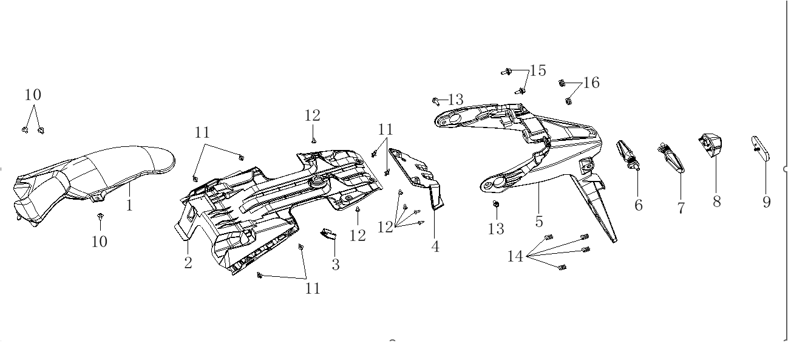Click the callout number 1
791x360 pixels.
click(129, 205)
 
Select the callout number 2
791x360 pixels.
click(188, 263)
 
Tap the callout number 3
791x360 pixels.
click(336, 264)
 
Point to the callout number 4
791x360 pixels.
click(435, 247)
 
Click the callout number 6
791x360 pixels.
click(639, 205)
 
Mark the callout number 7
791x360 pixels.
click(681, 208)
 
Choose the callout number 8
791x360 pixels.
click(717, 202)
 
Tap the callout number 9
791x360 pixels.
click(767, 202)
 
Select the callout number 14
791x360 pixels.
click(515, 256)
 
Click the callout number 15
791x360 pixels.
click(538, 70)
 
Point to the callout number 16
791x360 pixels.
click(591, 83)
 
